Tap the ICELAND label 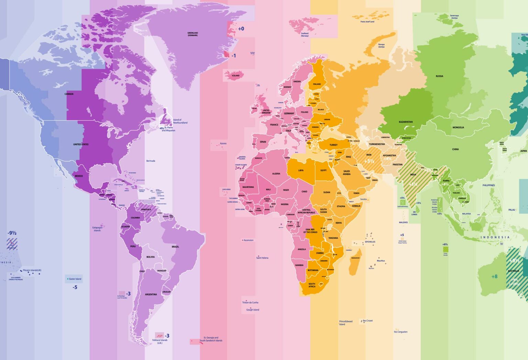(235, 76)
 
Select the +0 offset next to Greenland (241, 29)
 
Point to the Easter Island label (75, 279)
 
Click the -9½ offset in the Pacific (12, 233)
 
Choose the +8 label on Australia (494, 277)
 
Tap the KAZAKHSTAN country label (406, 122)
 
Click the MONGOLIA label (458, 127)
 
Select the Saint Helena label (262, 258)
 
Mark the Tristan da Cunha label (250, 303)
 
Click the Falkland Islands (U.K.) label (160, 341)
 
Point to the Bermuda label (151, 161)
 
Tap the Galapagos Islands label (97, 229)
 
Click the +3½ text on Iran (369, 161)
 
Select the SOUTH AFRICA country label (312, 285)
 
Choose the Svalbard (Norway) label (305, 35)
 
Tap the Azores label (223, 144)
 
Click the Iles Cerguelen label (400, 332)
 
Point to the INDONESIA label (495, 237)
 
